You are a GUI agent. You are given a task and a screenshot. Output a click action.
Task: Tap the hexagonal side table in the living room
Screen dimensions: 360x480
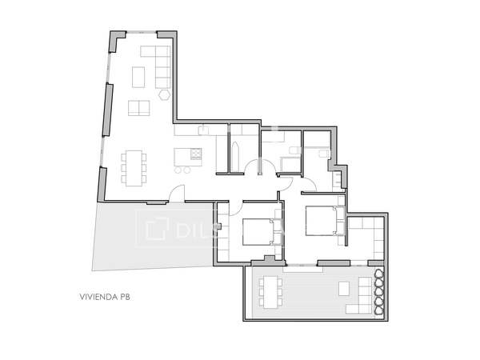(164, 94)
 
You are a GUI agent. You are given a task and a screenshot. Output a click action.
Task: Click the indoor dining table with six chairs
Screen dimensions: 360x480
(134, 166)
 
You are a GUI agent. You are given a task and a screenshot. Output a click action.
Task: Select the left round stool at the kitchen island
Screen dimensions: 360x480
(178, 170)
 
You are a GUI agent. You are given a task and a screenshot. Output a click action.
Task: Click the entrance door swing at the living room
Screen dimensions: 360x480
(178, 193)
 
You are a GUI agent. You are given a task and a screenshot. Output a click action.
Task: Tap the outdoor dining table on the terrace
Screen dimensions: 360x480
(270, 290)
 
